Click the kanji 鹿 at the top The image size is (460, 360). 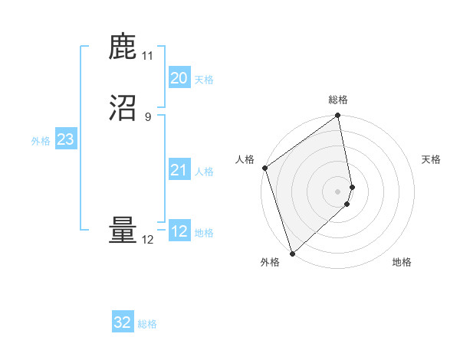tap(123, 47)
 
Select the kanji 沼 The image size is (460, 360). tap(123, 108)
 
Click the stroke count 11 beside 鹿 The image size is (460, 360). tap(147, 56)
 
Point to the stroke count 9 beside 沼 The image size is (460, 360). tap(147, 116)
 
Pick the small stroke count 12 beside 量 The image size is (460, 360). tap(147, 239)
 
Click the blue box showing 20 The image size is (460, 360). tap(179, 78)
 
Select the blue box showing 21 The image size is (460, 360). tap(179, 170)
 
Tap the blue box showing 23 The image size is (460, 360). tap(65, 139)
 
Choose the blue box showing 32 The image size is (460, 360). tap(123, 322)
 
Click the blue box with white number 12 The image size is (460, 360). tap(179, 231)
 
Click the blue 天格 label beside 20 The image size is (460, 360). tap(204, 80)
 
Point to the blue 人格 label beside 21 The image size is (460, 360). tap(204, 172)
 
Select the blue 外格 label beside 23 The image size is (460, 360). tap(41, 141)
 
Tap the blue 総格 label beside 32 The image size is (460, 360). tap(147, 324)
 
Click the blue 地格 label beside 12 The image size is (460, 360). tap(204, 233)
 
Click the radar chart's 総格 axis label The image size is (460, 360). tap(338, 100)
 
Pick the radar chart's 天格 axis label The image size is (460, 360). tap(431, 159)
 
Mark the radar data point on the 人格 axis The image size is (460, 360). tap(264, 168)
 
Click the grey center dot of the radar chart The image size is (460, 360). tap(338, 191)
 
